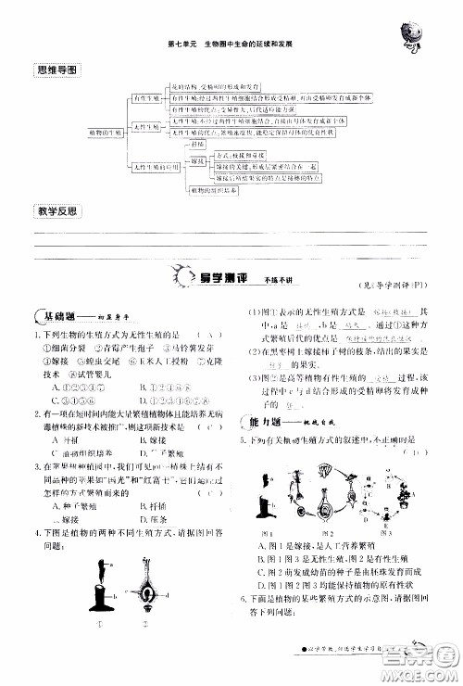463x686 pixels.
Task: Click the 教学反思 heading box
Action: click(57, 211)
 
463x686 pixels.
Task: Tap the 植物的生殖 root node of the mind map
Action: click(106, 133)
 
